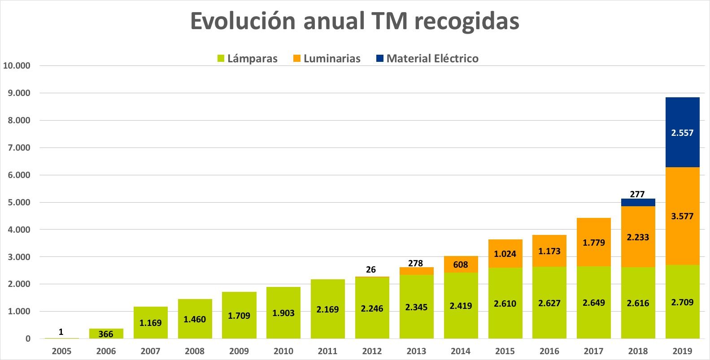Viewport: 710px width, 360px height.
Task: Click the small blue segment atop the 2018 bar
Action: pos(638,203)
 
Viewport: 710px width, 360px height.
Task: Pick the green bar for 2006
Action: pos(106,334)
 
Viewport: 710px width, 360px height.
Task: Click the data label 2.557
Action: pos(682,133)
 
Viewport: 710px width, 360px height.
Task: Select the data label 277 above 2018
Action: pos(637,194)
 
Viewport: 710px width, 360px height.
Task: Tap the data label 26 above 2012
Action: pos(370,269)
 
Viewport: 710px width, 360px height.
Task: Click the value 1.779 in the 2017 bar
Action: pos(594,243)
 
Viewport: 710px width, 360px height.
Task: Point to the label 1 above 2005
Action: pos(61,332)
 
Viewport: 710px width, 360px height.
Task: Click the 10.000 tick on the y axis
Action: pos(17,65)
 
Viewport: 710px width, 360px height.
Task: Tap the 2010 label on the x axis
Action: pos(283,351)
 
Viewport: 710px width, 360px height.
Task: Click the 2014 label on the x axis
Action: pos(461,351)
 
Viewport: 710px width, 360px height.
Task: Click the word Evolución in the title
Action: pos(243,21)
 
